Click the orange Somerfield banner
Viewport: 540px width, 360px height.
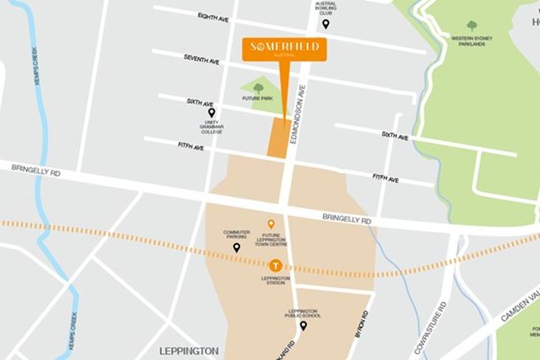[x=284, y=49]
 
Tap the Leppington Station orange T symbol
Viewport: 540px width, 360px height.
[x=276, y=265]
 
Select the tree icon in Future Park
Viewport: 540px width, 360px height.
[x=259, y=88]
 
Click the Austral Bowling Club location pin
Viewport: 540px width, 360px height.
[x=326, y=24]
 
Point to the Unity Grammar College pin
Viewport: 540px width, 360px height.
[x=212, y=113]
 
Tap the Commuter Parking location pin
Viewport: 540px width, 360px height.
[x=236, y=247]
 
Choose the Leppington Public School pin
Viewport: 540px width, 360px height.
[x=303, y=326]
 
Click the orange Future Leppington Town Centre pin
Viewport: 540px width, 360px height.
[x=272, y=223]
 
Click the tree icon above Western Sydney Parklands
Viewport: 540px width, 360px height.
[x=472, y=25]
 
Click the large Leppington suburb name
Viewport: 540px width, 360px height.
[x=190, y=350]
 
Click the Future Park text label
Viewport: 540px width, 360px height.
[x=256, y=98]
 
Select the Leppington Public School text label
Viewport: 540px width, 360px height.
[x=303, y=313]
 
